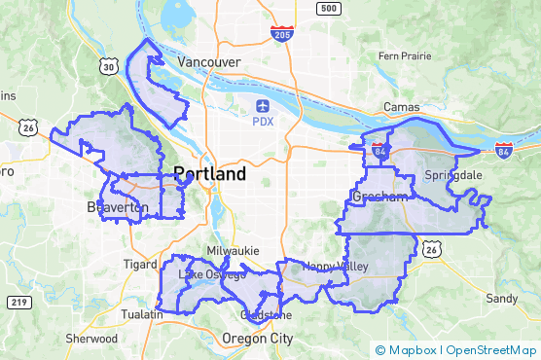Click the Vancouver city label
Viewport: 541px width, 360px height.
[208, 61]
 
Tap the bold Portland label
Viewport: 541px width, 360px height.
[209, 175]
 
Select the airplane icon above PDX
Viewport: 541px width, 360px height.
[263, 105]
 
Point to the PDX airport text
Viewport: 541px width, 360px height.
[263, 122]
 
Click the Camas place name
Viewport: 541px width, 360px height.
[402, 105]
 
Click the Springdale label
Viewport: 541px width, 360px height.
[453, 175]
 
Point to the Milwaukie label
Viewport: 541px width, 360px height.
[232, 250]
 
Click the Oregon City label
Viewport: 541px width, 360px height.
[257, 338]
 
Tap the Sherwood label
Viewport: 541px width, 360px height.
[91, 339]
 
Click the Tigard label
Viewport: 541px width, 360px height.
[140, 264]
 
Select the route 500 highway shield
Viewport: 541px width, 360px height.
[329, 9]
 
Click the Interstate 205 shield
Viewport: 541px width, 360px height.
[282, 35]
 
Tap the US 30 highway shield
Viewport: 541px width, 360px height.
[109, 65]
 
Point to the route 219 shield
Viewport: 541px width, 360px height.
[18, 303]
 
